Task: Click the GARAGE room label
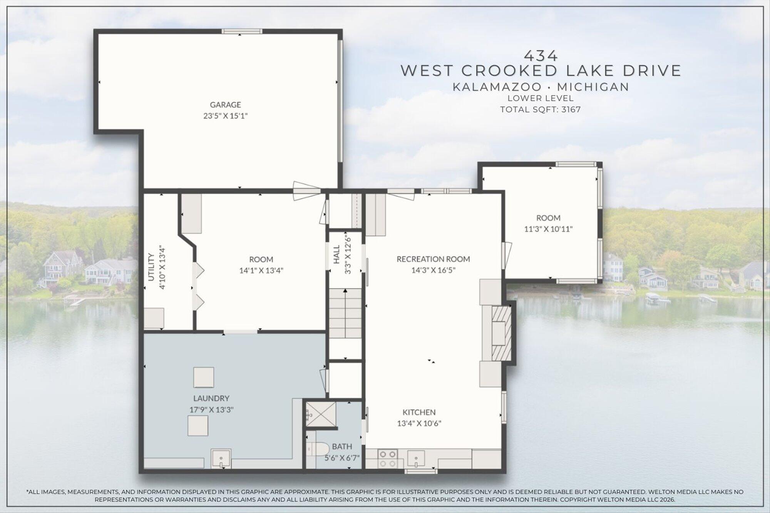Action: point(225,105)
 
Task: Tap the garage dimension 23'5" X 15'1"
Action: point(225,116)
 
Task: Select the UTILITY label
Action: point(151,267)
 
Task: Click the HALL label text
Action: point(336,254)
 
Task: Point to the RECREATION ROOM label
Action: point(433,259)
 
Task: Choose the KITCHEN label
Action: point(419,412)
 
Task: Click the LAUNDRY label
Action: point(211,398)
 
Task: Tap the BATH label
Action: point(342,446)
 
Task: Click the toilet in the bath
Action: point(318,449)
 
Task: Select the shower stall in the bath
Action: point(321,414)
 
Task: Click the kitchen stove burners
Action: point(388,459)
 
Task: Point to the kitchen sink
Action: point(417,458)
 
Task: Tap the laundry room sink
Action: point(221,458)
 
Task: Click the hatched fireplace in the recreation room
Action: point(502,333)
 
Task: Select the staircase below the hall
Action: point(345,313)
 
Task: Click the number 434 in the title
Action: point(541,56)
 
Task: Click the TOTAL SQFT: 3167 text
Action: point(540,109)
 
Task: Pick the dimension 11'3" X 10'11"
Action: point(548,229)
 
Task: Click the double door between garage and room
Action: point(307,191)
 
